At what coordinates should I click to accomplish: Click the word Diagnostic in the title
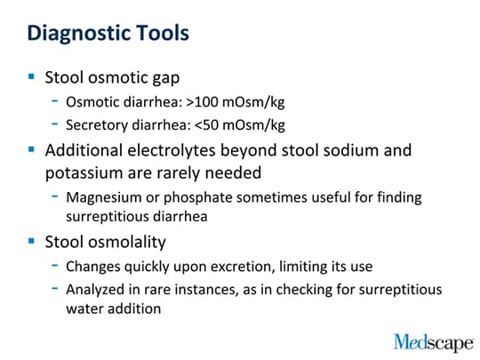(x=79, y=34)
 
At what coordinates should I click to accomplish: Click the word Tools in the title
(x=163, y=33)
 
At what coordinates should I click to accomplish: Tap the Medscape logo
(x=434, y=342)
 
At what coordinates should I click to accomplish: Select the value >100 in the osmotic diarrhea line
(x=203, y=102)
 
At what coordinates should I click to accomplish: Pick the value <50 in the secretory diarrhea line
(x=206, y=125)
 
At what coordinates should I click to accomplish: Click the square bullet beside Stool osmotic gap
(x=31, y=76)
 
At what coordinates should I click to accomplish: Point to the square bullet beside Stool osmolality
(x=31, y=241)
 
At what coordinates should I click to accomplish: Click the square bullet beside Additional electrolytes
(x=31, y=149)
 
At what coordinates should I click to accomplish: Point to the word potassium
(x=84, y=173)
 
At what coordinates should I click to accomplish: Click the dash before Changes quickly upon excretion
(x=55, y=265)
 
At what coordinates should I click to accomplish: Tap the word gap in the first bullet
(x=166, y=78)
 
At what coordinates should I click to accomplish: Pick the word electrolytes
(x=172, y=151)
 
